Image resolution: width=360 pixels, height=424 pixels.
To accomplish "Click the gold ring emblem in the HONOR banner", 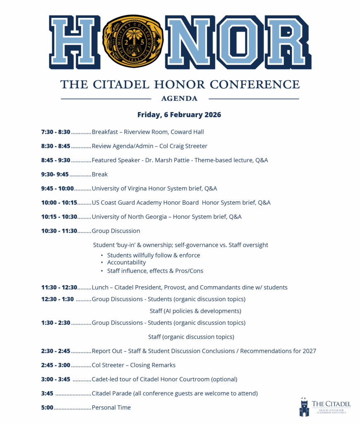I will point(133,41).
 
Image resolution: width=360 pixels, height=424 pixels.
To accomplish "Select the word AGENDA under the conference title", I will point(179,99).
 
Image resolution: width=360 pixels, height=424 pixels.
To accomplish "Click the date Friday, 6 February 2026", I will point(179,115).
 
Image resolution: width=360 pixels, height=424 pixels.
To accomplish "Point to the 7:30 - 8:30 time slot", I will point(55,132).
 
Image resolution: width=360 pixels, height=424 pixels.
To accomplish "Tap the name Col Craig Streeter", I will point(182,146).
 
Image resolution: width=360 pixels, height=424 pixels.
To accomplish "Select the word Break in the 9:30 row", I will point(100,174).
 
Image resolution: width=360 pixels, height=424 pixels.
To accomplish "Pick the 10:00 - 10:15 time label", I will point(59,202).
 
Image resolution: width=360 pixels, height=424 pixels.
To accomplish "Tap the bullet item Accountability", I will point(126,263).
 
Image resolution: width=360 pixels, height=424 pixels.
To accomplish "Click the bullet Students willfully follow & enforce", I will point(154,255).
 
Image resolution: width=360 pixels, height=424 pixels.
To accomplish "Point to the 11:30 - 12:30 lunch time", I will point(59,287).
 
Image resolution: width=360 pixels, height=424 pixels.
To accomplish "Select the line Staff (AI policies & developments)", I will point(195,311).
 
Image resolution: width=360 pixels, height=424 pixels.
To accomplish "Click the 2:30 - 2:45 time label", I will point(55,351).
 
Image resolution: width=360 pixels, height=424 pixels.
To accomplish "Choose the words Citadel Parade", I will point(111,393).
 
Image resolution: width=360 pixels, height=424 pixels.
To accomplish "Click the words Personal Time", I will point(111,407).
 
